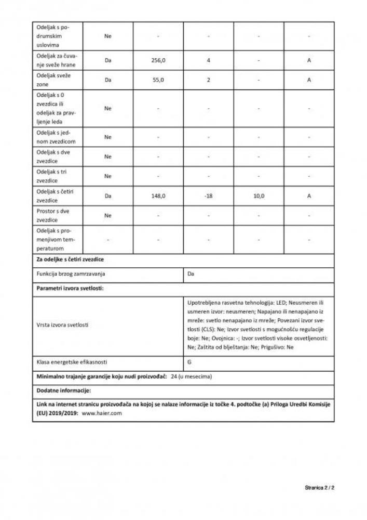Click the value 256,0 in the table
pyautogui.click(x=158, y=60)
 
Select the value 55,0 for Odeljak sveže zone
pyautogui.click(x=158, y=81)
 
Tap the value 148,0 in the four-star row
pyautogui.click(x=158, y=196)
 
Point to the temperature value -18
pyautogui.click(x=208, y=196)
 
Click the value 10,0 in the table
pyautogui.click(x=259, y=196)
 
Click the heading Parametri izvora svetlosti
pyautogui.click(x=71, y=289)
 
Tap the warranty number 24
pyautogui.click(x=174, y=375)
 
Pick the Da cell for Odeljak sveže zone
pyautogui.click(x=108, y=81)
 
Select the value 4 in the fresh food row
pyautogui.click(x=208, y=60)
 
